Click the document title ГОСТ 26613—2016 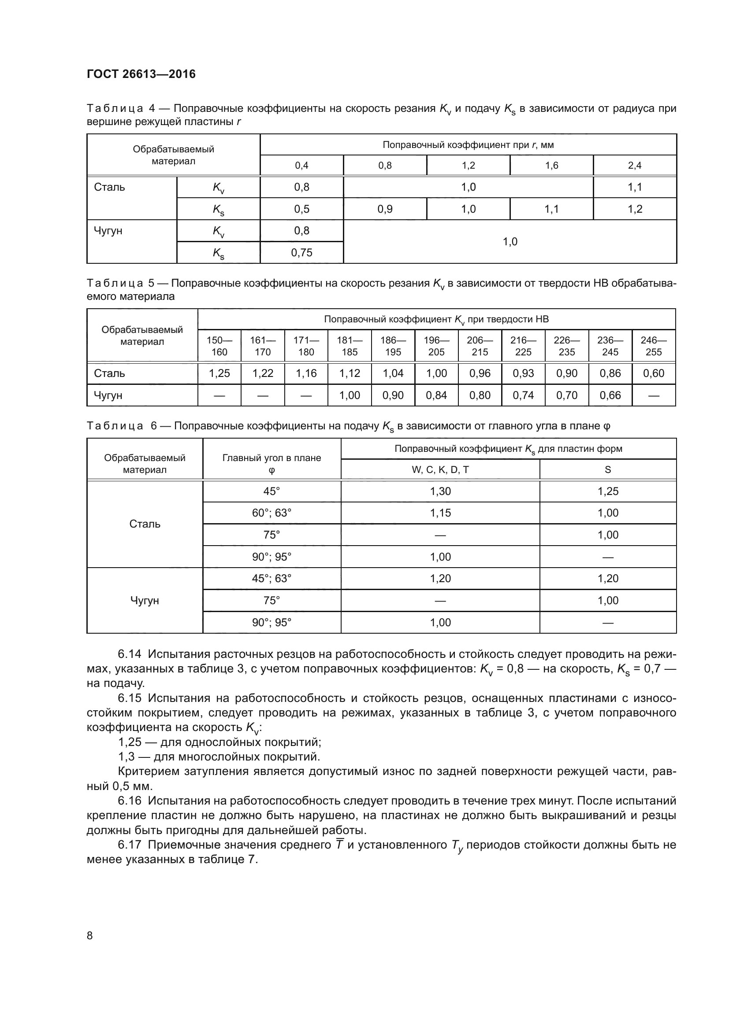pos(141,74)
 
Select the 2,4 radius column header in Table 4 pos(634,166)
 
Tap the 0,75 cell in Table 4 pos(301,253)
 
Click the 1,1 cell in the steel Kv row pos(634,187)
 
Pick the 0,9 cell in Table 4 pos(385,209)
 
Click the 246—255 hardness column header pos(653,346)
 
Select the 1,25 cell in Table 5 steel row pos(219,373)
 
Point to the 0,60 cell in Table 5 pos(653,373)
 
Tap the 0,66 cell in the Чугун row pos(610,395)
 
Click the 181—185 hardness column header pos(349,346)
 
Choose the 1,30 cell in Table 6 pos(440,491)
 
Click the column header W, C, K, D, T pos(440,470)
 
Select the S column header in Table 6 pos(608,470)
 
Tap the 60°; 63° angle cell pos(272,513)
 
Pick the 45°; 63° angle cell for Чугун pos(272,578)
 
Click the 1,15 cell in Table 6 pos(440,513)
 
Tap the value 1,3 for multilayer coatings pos(126,757)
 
